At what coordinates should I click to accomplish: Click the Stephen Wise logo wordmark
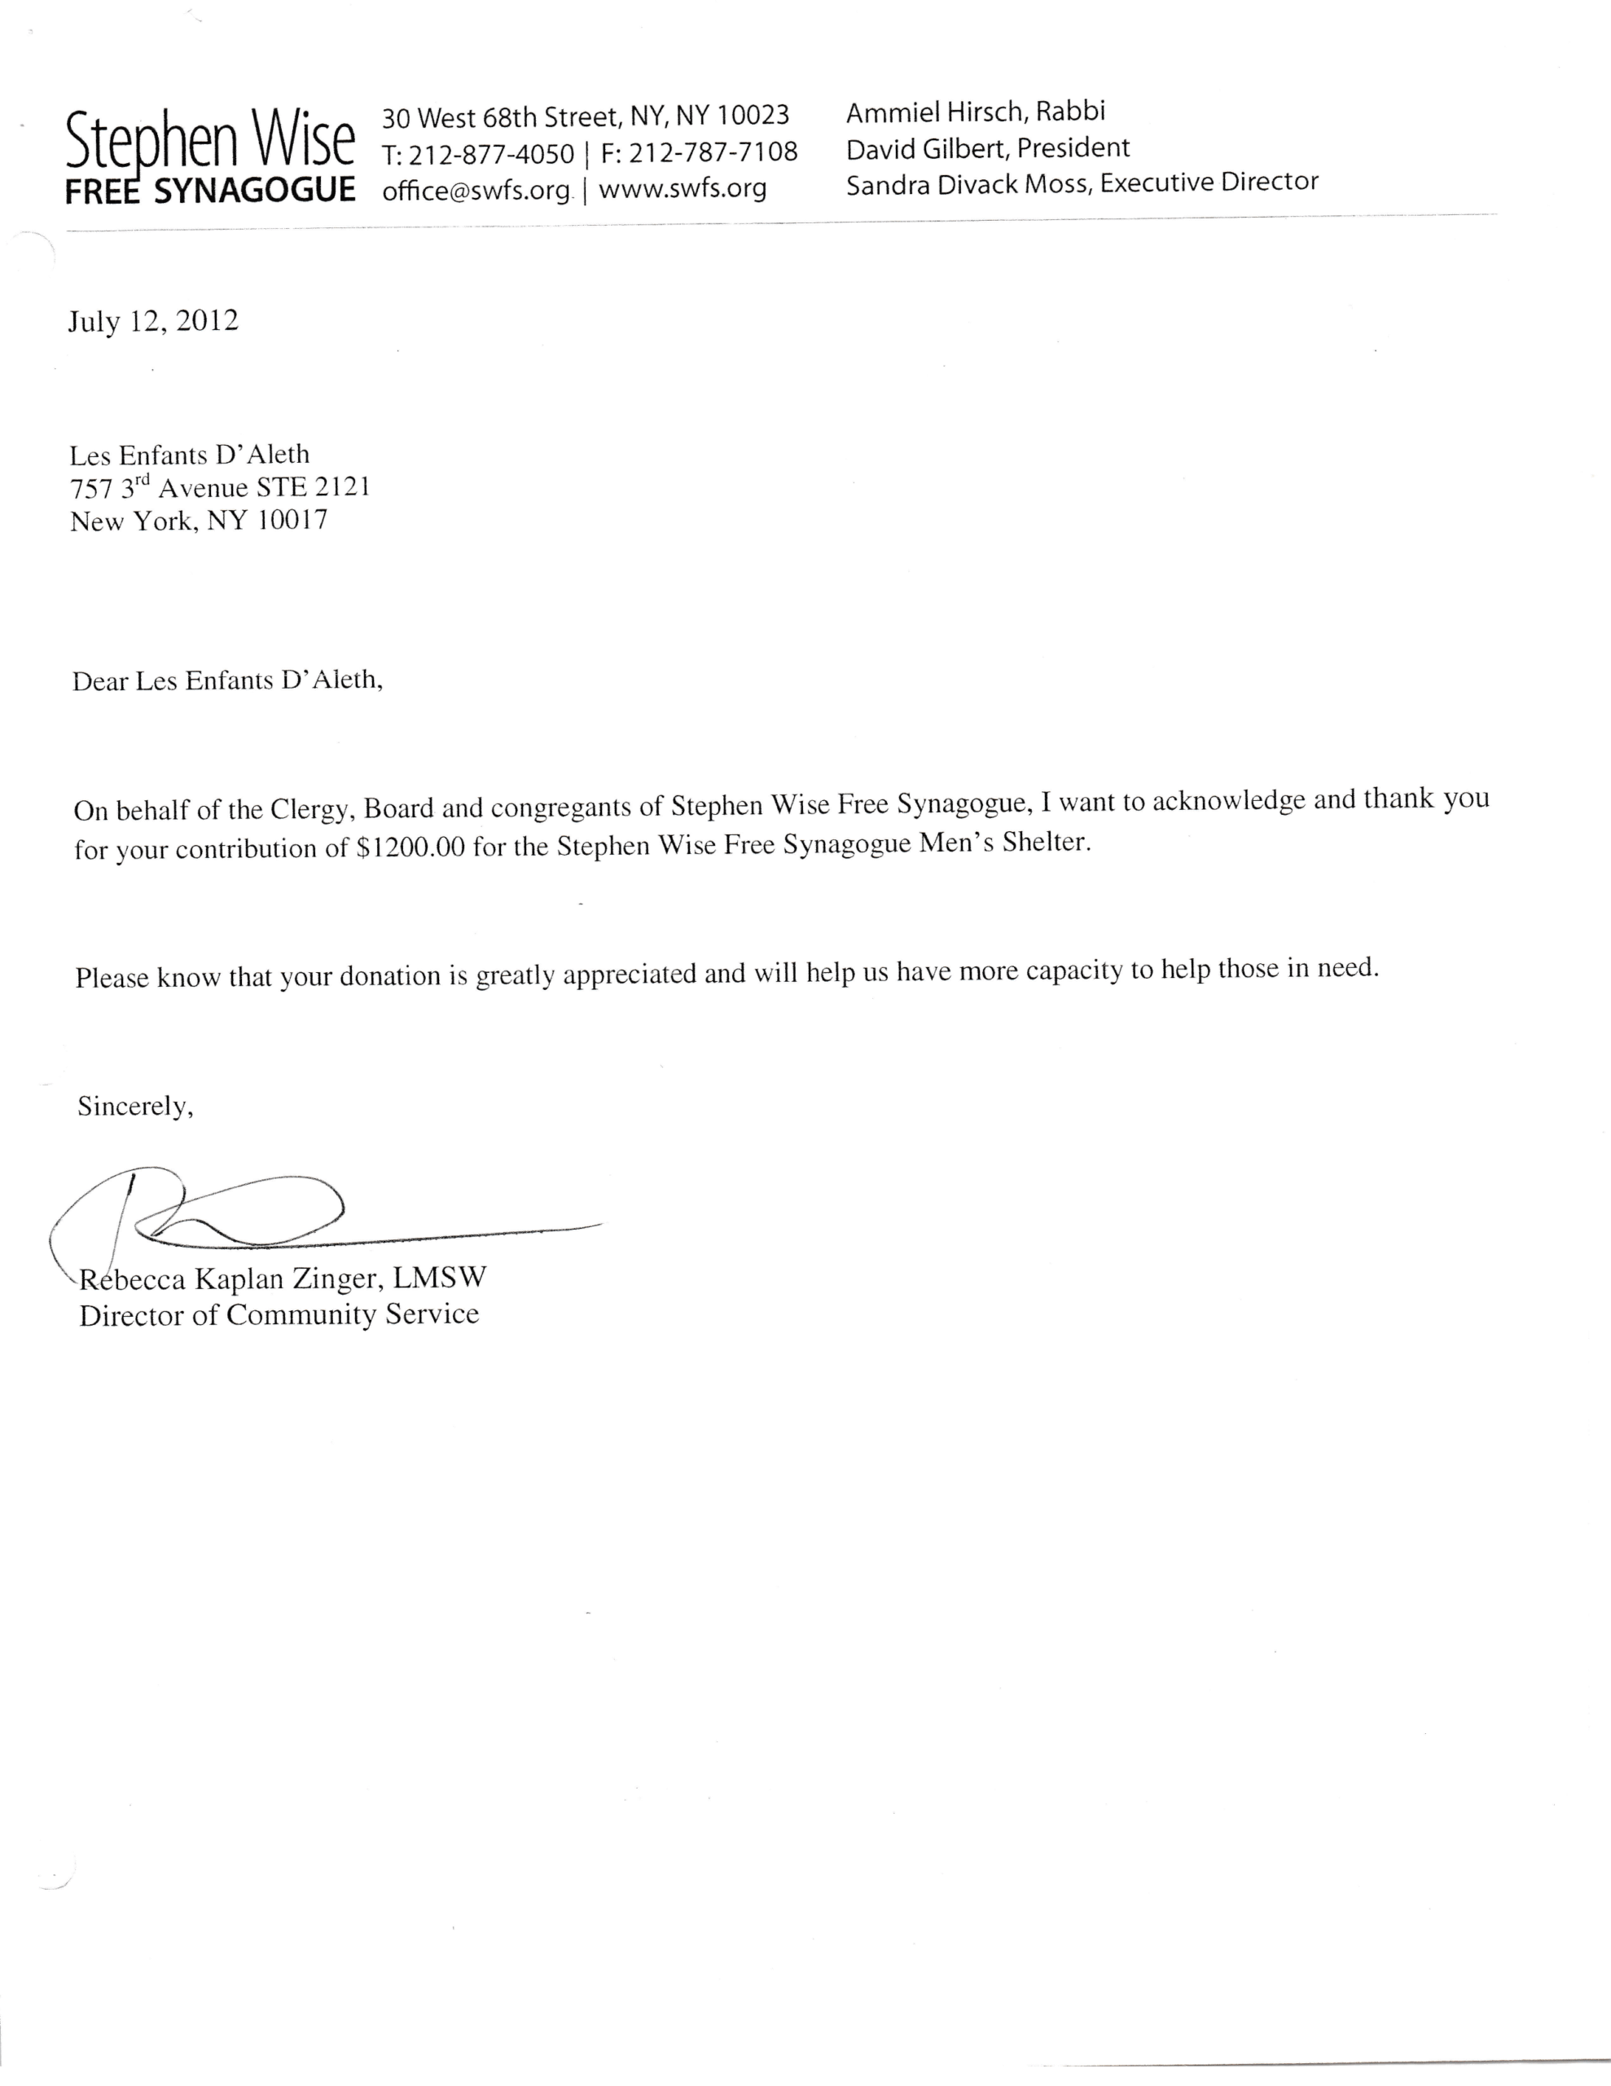click(x=210, y=141)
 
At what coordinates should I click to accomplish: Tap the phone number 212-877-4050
click(x=491, y=154)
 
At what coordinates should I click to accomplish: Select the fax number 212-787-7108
click(x=713, y=152)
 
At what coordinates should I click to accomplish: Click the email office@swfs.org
click(x=476, y=190)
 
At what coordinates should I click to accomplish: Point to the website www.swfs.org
click(x=682, y=187)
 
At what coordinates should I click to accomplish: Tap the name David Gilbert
click(x=924, y=149)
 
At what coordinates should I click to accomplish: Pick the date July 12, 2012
click(x=153, y=321)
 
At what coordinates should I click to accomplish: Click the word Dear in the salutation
click(x=99, y=682)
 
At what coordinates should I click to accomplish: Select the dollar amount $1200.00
click(x=410, y=848)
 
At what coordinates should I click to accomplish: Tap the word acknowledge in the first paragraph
click(x=1228, y=800)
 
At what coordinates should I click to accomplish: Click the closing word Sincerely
click(x=134, y=1106)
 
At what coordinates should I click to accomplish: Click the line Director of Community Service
click(x=279, y=1315)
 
